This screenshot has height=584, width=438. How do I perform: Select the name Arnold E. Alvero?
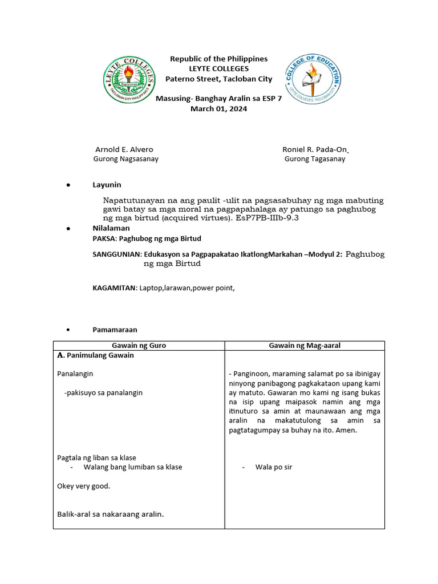[124, 149]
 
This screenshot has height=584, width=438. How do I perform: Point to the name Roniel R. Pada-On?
[315, 149]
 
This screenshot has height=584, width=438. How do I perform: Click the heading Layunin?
[107, 185]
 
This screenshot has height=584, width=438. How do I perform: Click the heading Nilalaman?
[111, 228]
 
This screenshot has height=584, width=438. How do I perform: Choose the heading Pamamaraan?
[115, 330]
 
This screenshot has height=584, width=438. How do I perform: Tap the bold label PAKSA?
[103, 238]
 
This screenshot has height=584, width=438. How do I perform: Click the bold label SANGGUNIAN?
[116, 254]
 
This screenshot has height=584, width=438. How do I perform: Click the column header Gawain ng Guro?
[139, 346]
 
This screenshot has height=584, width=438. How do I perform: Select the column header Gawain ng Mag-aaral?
[305, 346]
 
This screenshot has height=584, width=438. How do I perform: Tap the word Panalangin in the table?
[75, 374]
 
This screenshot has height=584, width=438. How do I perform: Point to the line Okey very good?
[84, 486]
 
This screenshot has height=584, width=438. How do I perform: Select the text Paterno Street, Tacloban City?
[218, 79]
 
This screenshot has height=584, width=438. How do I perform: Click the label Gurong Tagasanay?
[315, 159]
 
